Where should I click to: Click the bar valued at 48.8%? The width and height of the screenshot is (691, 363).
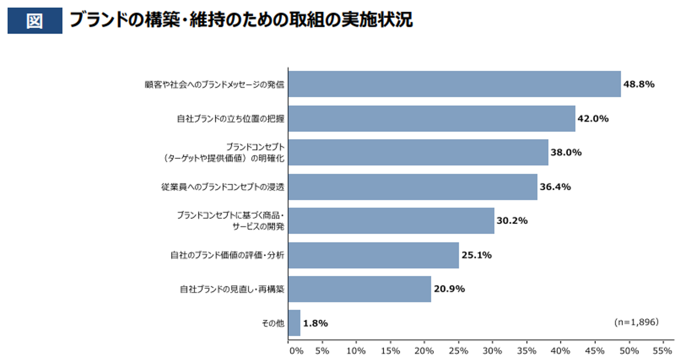(x=454, y=84)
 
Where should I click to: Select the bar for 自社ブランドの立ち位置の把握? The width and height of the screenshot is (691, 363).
(x=432, y=118)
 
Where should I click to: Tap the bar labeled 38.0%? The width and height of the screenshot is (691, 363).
(x=418, y=152)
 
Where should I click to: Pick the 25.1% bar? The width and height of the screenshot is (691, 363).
(x=373, y=255)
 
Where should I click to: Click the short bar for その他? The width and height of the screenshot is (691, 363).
(x=294, y=323)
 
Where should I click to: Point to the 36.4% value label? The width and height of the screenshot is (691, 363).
(x=555, y=187)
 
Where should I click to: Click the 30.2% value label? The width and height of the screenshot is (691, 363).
(x=512, y=221)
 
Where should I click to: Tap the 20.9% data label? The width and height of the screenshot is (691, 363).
(x=449, y=289)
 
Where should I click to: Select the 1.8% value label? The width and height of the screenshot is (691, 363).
(x=315, y=324)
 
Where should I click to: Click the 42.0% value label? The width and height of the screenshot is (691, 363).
(x=593, y=119)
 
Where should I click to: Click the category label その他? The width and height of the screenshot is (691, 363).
(x=273, y=324)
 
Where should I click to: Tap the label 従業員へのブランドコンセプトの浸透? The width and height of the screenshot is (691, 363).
(x=222, y=187)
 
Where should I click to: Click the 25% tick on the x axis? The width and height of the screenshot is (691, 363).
(x=458, y=351)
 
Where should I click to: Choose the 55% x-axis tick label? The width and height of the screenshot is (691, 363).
(x=663, y=351)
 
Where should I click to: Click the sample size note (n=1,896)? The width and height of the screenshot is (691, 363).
(x=636, y=322)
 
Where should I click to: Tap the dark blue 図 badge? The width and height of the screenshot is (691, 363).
(x=35, y=21)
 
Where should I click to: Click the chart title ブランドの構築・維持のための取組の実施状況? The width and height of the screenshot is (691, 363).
(x=241, y=20)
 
